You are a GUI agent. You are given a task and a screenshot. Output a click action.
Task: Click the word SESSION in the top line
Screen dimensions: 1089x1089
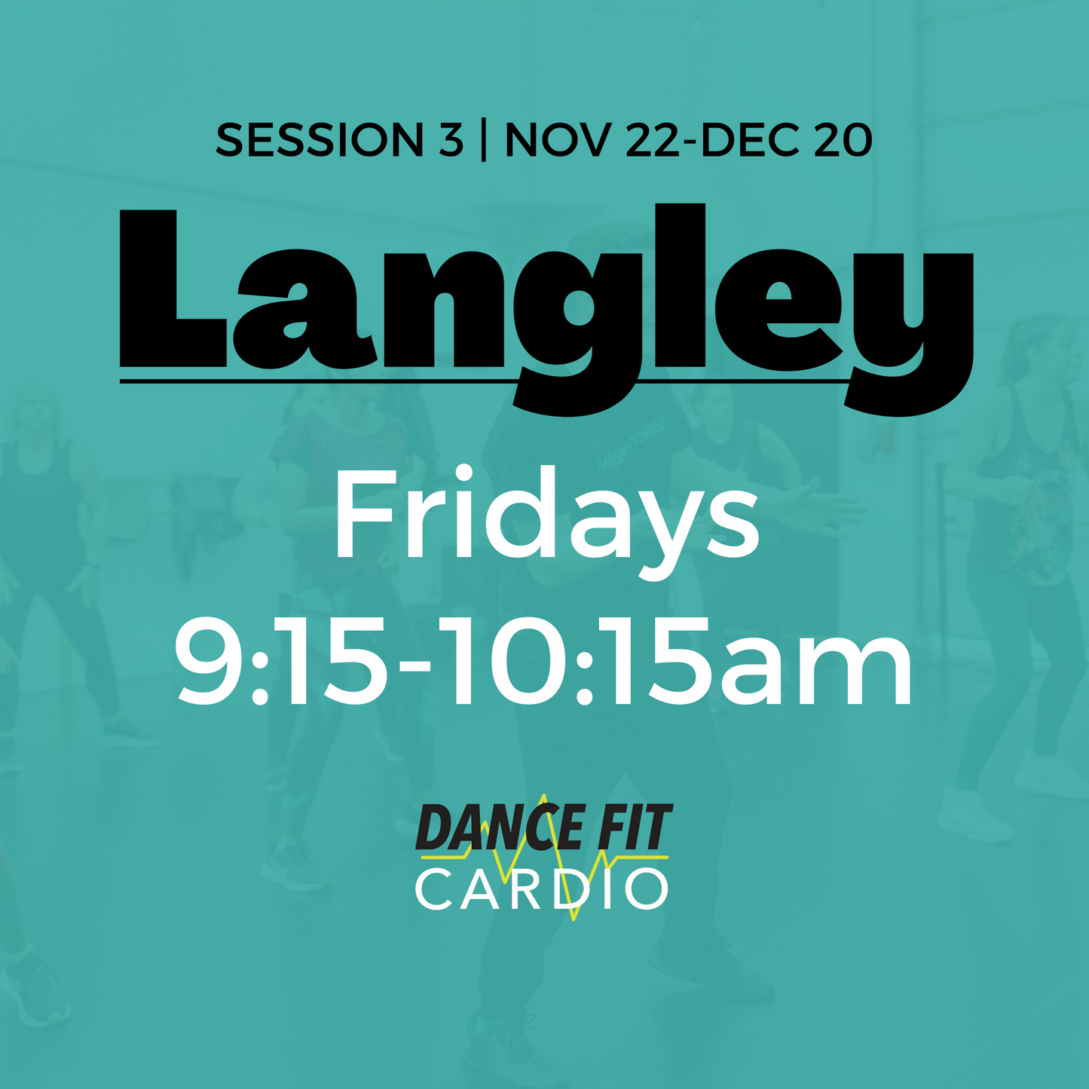pyautogui.click(x=320, y=141)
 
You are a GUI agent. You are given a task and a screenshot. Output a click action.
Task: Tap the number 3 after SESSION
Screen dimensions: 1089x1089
pyautogui.click(x=451, y=141)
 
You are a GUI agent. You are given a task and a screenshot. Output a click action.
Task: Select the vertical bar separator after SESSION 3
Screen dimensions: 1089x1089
pyautogui.click(x=483, y=141)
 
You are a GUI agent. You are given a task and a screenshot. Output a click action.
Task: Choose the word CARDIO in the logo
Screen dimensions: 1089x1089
pyautogui.click(x=541, y=890)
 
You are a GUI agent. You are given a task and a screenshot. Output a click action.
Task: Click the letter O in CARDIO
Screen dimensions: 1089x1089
pyautogui.click(x=647, y=890)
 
